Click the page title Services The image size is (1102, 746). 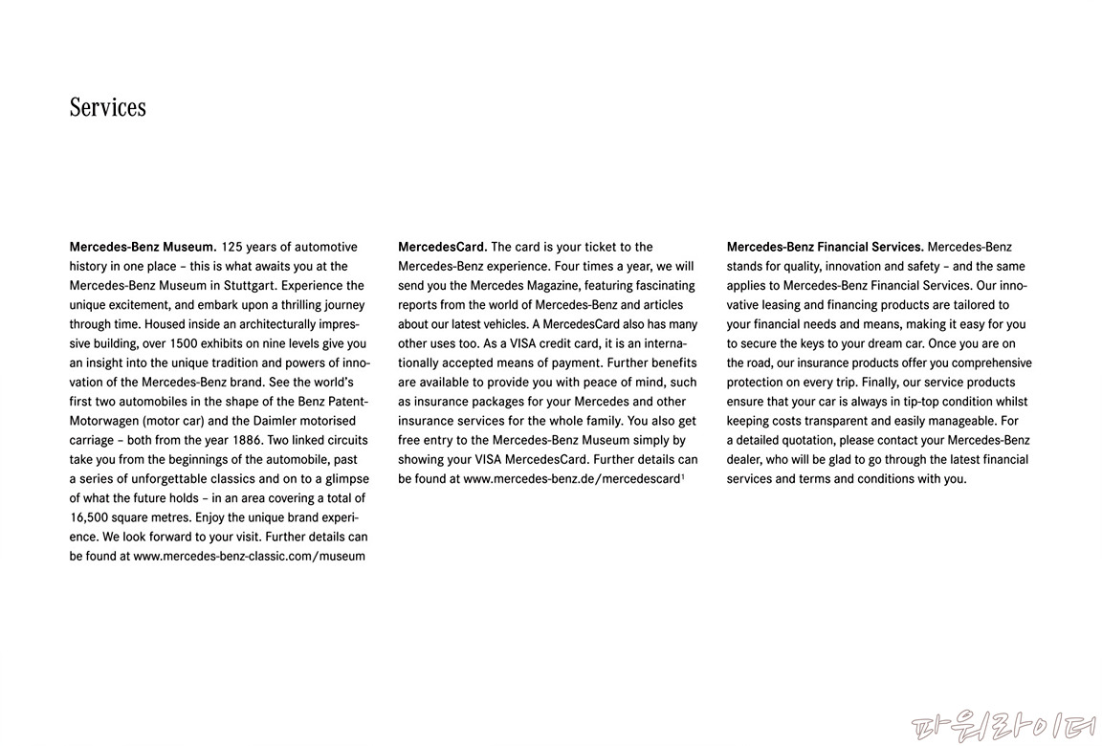[108, 107]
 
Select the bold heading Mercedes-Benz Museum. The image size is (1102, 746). [143, 247]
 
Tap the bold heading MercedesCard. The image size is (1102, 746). [442, 247]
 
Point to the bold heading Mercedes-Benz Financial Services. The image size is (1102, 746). [825, 247]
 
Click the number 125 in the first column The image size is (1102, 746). [231, 247]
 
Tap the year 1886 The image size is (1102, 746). [247, 440]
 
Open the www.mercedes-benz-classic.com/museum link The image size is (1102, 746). [249, 556]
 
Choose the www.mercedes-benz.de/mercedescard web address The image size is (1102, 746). [571, 478]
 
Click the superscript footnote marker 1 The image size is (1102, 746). [682, 475]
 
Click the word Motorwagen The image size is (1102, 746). [103, 421]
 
